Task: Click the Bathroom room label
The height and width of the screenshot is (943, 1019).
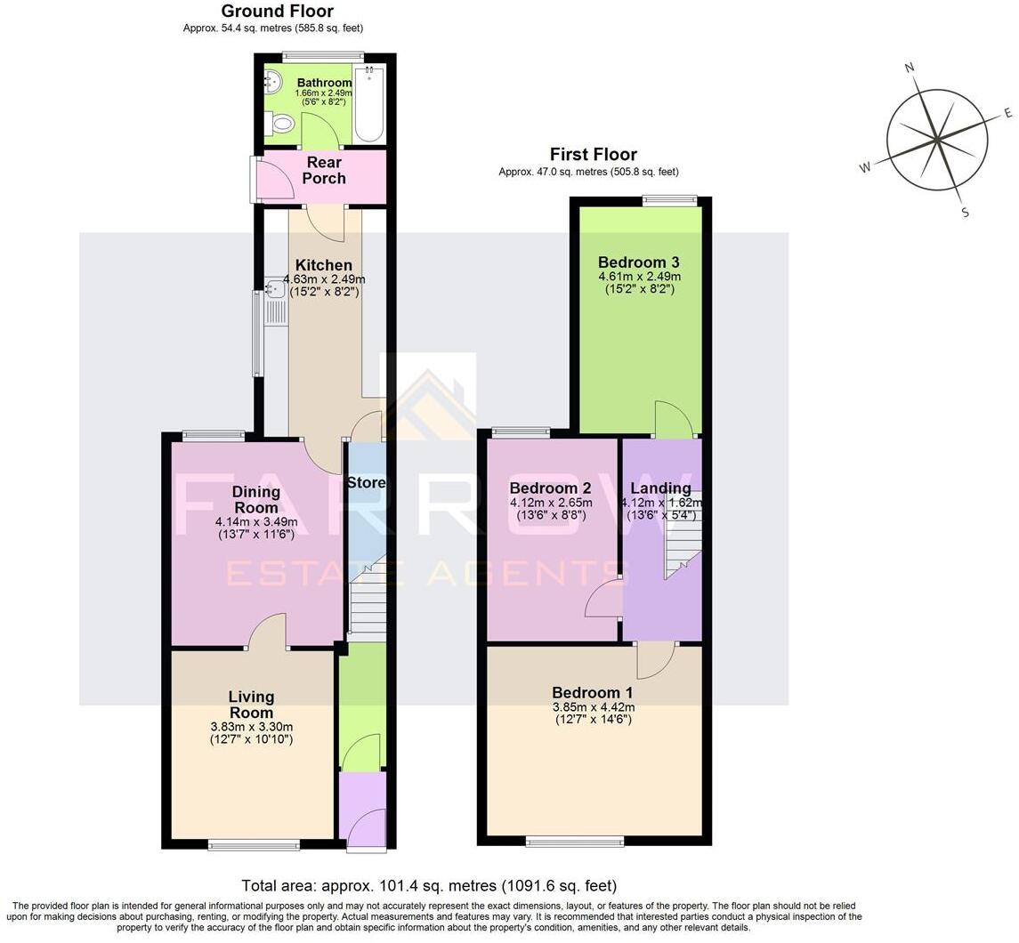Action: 324,83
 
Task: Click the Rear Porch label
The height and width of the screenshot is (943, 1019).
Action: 324,170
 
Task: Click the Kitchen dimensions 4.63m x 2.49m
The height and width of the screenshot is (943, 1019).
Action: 324,278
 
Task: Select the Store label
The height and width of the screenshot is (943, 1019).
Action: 366,483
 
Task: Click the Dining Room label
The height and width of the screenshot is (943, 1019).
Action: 256,499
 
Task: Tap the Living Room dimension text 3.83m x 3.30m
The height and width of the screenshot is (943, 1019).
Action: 251,726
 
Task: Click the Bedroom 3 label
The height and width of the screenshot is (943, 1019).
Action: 638,262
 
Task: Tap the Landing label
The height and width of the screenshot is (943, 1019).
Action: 660,488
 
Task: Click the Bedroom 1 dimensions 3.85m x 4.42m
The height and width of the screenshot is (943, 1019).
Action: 593,707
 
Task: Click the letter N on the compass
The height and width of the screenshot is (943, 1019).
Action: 910,68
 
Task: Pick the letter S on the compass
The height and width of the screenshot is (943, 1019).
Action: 965,212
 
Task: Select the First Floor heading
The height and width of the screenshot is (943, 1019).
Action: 593,154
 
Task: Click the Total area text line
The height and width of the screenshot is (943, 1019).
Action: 429,885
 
